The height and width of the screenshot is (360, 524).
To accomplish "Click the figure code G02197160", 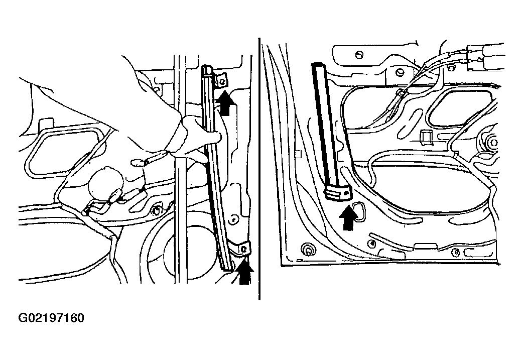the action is point(51,318).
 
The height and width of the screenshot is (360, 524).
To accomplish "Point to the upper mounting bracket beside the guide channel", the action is point(221,81).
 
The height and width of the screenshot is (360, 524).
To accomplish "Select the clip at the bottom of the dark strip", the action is point(338,193).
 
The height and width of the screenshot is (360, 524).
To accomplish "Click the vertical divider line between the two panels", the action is point(259,169).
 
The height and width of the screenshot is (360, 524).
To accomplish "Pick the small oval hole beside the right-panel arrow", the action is point(358,211).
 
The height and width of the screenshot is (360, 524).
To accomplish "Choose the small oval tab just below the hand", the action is point(138,163).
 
